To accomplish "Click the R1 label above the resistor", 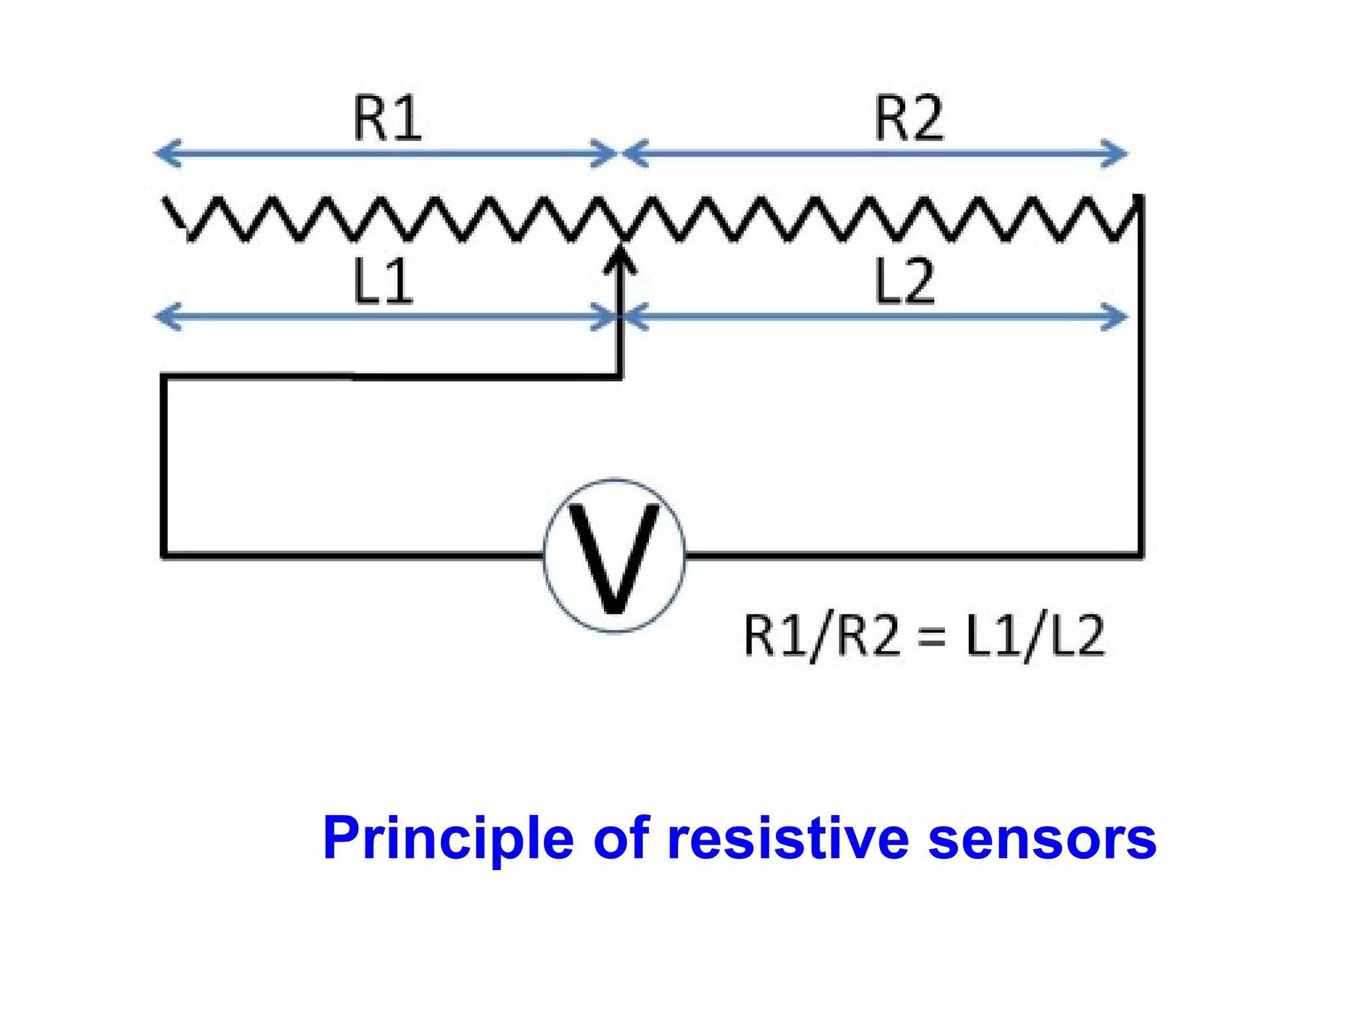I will click(387, 119).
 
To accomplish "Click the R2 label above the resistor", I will click(908, 119).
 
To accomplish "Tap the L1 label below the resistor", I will click(383, 281).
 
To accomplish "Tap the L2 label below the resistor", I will click(904, 281).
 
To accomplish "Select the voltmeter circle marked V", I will click(614, 555).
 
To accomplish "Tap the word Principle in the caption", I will click(448, 839).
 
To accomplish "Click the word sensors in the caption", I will click(1042, 839).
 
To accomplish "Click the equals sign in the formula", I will click(932, 638).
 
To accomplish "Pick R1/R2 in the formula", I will click(822, 636).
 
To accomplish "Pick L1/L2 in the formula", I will click(1035, 636).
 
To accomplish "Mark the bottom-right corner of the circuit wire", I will click(1140, 555).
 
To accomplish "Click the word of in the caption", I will click(621, 839).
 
